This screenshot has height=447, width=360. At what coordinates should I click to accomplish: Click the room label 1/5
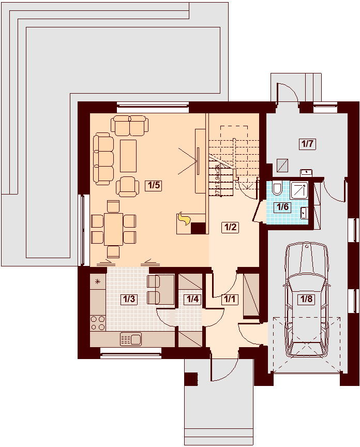pyautogui.click(x=154, y=186)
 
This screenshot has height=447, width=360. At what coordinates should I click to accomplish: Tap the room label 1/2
pyautogui.click(x=230, y=227)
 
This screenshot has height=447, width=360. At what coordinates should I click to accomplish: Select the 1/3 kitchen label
pyautogui.click(x=128, y=299)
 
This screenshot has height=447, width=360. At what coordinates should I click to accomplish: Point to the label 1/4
pyautogui.click(x=192, y=299)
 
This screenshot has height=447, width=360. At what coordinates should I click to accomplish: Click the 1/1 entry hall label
pyautogui.click(x=229, y=299)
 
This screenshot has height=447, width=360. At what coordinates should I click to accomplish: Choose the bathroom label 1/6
pyautogui.click(x=282, y=207)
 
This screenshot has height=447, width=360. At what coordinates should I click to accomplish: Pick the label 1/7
pyautogui.click(x=307, y=144)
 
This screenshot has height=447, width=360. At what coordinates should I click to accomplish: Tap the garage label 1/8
pyautogui.click(x=307, y=299)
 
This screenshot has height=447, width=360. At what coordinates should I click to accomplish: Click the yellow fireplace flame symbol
pyautogui.click(x=183, y=220)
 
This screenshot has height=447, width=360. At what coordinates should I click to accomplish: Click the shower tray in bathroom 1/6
pyautogui.click(x=299, y=190)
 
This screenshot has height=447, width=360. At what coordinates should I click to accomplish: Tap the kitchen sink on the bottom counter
pyautogui.click(x=131, y=339)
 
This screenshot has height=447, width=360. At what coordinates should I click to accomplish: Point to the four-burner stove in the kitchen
pyautogui.click(x=98, y=323)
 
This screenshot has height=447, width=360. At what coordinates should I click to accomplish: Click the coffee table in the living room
pyautogui.click(x=128, y=155)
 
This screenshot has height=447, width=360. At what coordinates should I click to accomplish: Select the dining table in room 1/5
pyautogui.click(x=113, y=229)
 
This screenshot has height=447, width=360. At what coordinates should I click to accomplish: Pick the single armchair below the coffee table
pyautogui.click(x=128, y=187)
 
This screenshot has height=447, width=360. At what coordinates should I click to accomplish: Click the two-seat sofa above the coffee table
pyautogui.click(x=130, y=126)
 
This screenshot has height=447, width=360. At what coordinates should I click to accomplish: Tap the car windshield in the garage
pyautogui.click(x=307, y=284)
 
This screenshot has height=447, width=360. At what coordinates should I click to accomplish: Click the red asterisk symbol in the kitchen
pyautogui.click(x=97, y=282)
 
